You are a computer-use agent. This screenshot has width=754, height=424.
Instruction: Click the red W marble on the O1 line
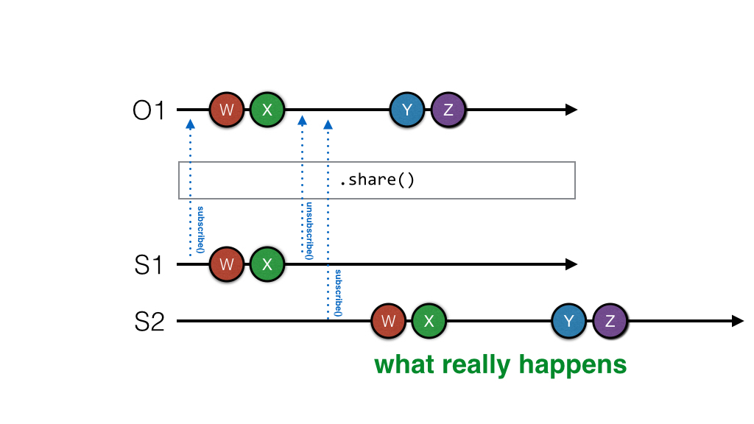(x=227, y=110)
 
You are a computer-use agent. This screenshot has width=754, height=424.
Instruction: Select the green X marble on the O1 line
(x=267, y=110)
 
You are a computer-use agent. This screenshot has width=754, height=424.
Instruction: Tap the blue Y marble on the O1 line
(x=407, y=110)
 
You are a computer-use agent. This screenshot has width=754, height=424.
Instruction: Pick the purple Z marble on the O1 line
(x=448, y=110)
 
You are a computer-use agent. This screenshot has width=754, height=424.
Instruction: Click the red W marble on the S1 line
(x=227, y=264)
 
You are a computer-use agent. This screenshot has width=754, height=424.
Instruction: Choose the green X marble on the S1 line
(x=267, y=264)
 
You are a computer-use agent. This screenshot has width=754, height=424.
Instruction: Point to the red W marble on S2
(x=390, y=321)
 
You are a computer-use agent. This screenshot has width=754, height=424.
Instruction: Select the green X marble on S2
(x=429, y=321)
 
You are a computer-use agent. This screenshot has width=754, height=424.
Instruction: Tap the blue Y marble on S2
(x=569, y=321)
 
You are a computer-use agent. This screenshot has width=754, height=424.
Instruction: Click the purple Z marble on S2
(x=610, y=321)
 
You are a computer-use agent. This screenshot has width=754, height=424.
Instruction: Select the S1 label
(x=149, y=264)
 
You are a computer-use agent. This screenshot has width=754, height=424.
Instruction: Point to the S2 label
(x=149, y=322)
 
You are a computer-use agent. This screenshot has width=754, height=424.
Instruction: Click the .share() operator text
(x=376, y=180)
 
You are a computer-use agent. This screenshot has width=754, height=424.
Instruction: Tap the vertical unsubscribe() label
(x=309, y=230)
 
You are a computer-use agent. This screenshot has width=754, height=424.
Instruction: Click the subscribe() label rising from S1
(x=200, y=230)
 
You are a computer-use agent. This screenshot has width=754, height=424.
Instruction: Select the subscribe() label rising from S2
(x=338, y=293)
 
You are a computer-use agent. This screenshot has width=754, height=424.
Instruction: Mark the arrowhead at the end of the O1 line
(x=571, y=110)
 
